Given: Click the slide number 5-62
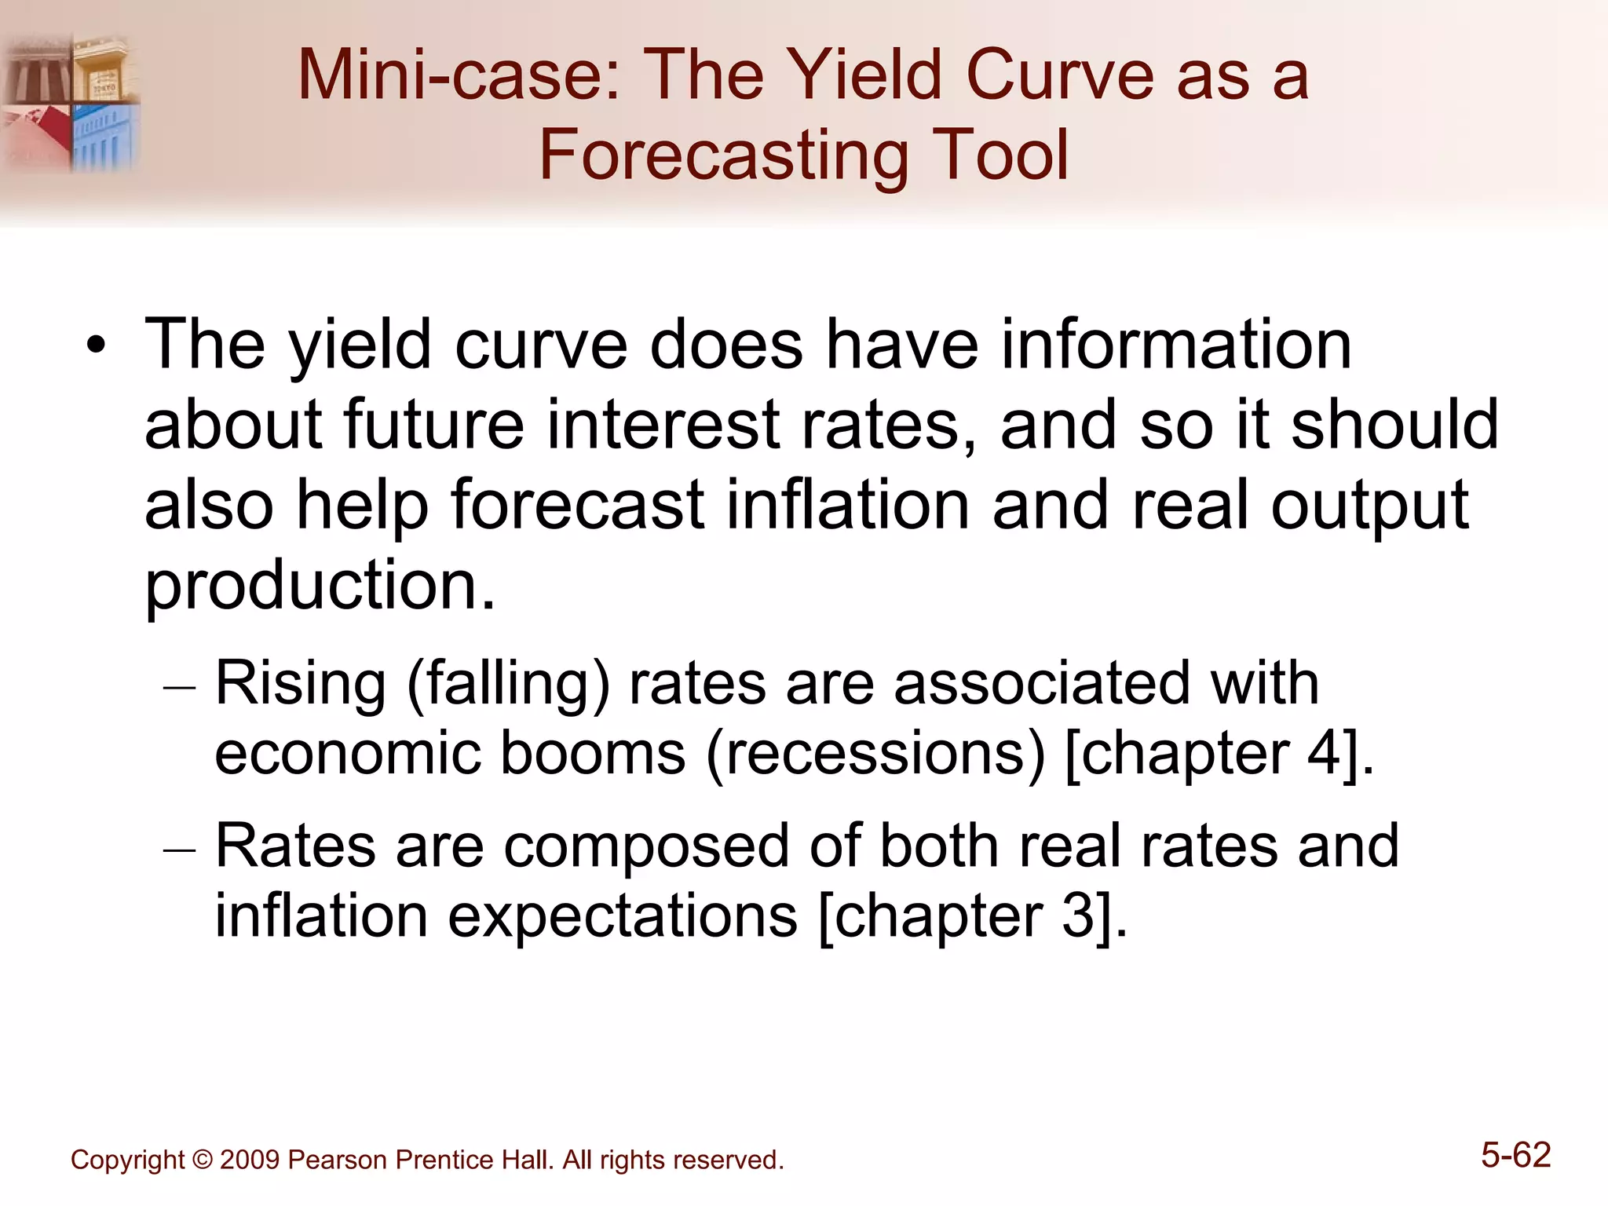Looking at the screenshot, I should pos(1515,1155).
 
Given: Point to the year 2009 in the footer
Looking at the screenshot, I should pos(250,1160).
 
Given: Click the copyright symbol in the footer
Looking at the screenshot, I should pos(202,1160).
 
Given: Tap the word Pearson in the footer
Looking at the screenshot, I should pos(338,1160).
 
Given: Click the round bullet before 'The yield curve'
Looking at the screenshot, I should pos(96,345).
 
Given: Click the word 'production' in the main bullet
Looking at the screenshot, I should pos(320,586).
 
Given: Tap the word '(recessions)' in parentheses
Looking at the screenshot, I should pos(875,754).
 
